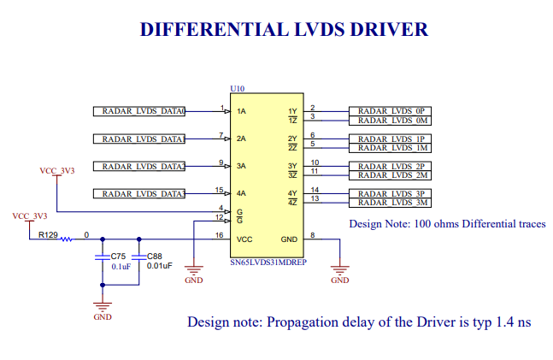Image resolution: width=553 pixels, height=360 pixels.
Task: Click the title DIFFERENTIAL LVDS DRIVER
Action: [x=283, y=30]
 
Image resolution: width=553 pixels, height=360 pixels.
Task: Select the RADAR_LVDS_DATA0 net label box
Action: [x=139, y=111]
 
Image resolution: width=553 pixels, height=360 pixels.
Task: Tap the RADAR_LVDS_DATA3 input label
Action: [x=139, y=194]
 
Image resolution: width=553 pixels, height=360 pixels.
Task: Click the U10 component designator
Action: [x=238, y=89]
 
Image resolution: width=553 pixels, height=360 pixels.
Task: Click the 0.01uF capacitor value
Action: [x=160, y=266]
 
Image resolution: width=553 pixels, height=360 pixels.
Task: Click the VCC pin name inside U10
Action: [x=244, y=239]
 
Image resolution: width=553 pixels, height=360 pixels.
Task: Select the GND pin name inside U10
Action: [x=289, y=239]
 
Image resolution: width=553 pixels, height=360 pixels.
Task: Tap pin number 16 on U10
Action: [x=220, y=234]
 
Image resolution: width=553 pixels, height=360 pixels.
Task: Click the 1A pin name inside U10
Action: [x=242, y=112]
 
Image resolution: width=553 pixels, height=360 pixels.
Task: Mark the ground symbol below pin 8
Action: [x=339, y=269]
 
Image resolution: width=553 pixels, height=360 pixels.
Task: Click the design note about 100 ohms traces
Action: [x=447, y=224]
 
